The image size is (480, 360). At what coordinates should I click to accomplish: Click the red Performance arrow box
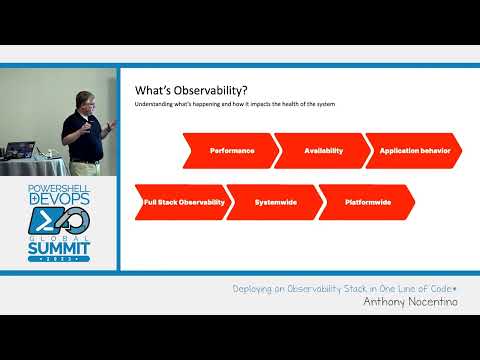[x=232, y=150]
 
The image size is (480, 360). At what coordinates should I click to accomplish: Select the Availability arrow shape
[x=323, y=150]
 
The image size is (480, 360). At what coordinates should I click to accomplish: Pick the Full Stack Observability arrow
[x=184, y=202]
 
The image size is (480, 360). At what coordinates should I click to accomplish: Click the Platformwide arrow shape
[x=367, y=202]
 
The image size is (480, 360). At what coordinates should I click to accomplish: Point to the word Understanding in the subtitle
[x=156, y=105]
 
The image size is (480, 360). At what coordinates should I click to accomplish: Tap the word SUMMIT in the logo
[x=58, y=245]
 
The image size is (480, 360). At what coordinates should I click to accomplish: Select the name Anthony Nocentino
[x=411, y=301]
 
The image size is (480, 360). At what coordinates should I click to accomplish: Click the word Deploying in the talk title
[x=255, y=288]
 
